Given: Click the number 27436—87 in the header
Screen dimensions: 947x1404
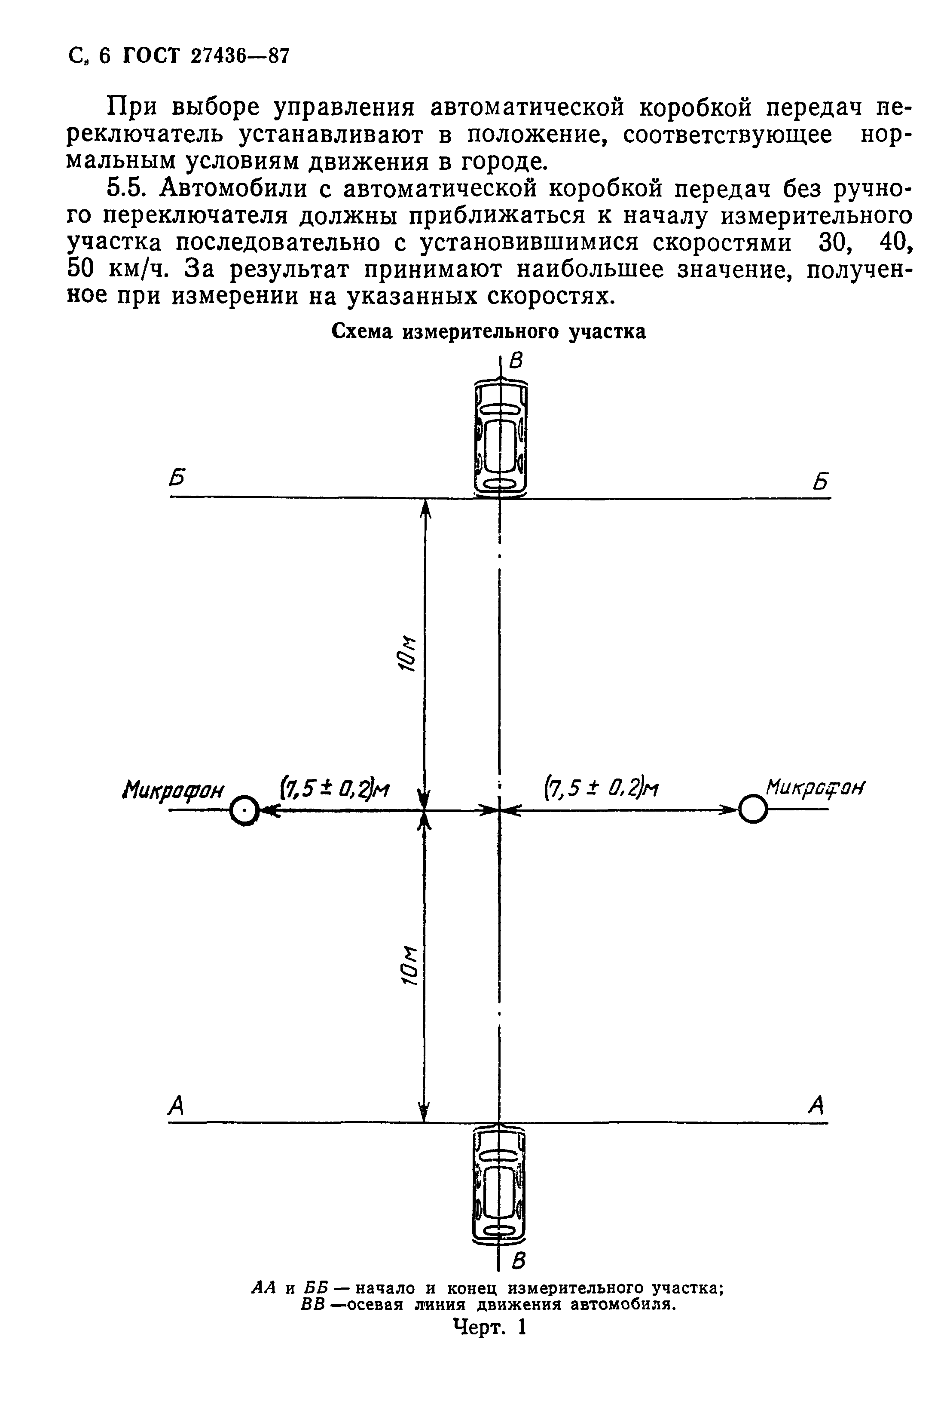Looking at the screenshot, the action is [240, 56].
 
